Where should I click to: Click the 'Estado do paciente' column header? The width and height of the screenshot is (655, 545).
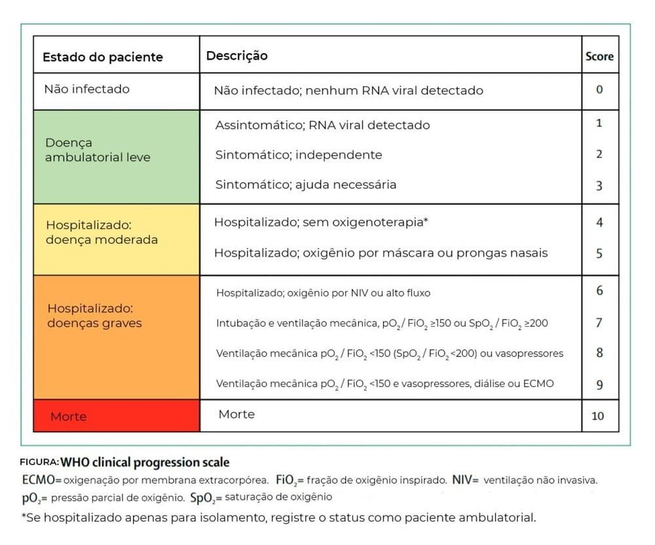[103, 57]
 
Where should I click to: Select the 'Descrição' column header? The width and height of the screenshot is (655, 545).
[236, 56]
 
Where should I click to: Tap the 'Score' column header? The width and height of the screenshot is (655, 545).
[599, 56]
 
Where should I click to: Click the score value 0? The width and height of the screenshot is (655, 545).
[599, 90]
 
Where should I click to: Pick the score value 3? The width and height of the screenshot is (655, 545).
[599, 186]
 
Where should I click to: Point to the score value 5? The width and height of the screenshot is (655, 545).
[599, 253]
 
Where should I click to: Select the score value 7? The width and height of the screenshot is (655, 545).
[599, 322]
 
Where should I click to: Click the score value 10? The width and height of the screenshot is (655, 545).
[598, 415]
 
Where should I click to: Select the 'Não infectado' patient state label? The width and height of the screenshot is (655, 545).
[86, 89]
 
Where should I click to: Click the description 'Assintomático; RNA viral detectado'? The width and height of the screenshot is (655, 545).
[322, 124]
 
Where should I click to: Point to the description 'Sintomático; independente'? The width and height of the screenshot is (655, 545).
[298, 155]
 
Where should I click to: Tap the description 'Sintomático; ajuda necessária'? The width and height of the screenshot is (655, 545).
[305, 185]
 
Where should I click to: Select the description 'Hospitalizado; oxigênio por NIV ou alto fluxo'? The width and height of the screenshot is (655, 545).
[323, 293]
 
